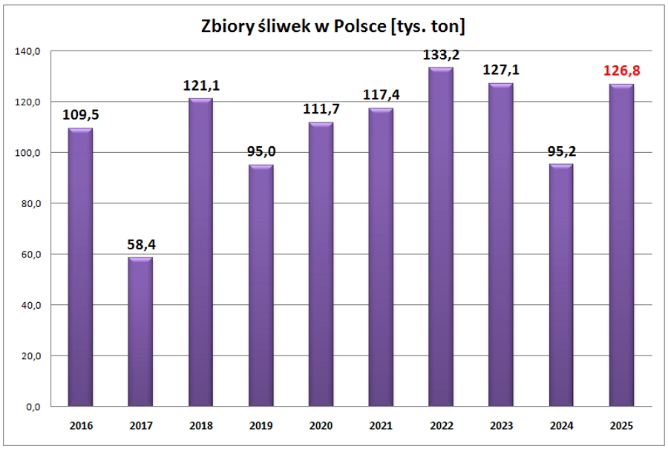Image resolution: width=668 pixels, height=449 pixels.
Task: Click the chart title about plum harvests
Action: pos(333,27)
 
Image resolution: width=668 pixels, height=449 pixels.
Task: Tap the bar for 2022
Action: pos(440,237)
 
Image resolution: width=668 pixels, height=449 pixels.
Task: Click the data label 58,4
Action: pos(140,244)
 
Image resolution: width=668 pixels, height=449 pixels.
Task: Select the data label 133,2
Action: pos(440,55)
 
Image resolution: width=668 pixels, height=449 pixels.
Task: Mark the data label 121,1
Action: pos(200,86)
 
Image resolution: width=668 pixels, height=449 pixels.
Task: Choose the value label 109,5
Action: pos(80,116)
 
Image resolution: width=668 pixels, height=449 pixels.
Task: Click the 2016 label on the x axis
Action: pos(80,426)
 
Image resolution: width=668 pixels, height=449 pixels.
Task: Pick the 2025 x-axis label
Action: pos(620,426)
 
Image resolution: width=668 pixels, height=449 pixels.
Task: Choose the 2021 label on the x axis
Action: pos(380,426)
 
